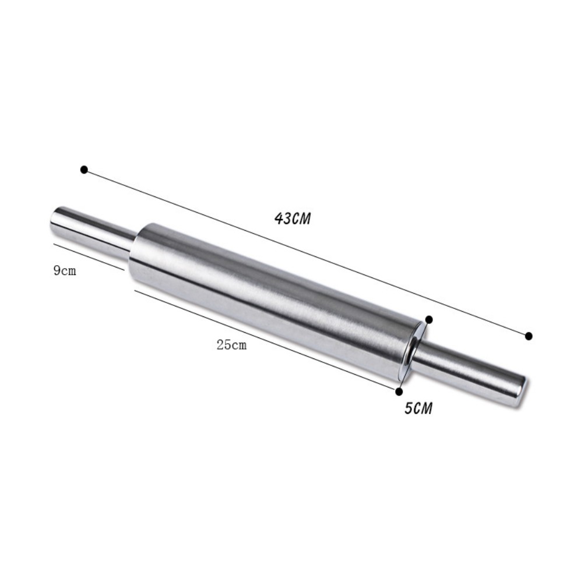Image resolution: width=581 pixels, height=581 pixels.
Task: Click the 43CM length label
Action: [293, 219]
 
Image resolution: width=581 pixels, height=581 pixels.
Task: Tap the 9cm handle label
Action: [65, 271]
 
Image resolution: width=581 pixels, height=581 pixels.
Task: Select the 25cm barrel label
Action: [231, 345]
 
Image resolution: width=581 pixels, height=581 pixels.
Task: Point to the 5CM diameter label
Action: [418, 408]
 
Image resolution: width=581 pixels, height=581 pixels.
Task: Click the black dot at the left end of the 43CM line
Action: [84, 170]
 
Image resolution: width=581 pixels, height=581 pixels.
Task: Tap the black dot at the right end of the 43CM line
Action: [529, 336]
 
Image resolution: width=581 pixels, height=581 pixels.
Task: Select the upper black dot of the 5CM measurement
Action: [429, 319]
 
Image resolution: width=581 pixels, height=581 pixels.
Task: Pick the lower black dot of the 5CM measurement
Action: [399, 391]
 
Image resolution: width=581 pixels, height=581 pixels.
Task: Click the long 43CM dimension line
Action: [307, 253]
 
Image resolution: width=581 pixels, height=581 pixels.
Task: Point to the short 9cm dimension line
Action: [89, 257]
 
